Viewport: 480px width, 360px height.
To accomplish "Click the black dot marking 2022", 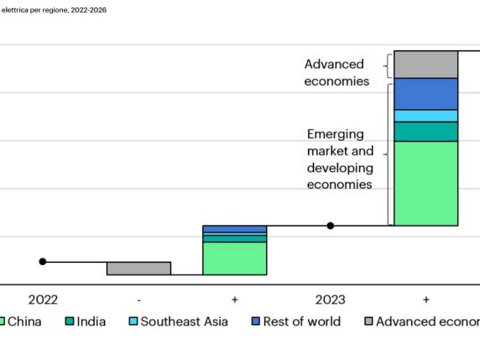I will point(43,262).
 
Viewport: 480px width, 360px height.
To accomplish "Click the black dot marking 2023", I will point(331,226).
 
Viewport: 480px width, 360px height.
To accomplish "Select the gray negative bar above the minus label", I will point(138,269).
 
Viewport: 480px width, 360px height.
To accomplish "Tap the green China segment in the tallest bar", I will point(425,183).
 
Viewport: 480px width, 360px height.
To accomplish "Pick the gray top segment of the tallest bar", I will point(425,65).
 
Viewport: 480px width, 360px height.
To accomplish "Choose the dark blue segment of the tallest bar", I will point(425,94).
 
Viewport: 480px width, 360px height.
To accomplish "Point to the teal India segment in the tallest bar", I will point(425,132).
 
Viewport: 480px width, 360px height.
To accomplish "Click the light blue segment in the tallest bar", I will point(425,116).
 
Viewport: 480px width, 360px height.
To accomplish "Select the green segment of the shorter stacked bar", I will point(234,258).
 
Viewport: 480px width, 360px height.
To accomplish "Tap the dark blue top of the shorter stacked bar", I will point(234,229).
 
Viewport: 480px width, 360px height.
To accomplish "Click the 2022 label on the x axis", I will point(43,300).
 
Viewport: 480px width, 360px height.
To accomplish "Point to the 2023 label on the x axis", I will point(330,300).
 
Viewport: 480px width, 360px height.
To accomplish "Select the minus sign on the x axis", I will point(138,300).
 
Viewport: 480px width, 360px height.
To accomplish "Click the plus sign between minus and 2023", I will point(234,300).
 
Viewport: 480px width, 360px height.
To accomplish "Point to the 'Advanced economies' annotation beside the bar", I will point(336,73).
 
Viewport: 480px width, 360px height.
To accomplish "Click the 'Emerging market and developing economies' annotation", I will point(340,159).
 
